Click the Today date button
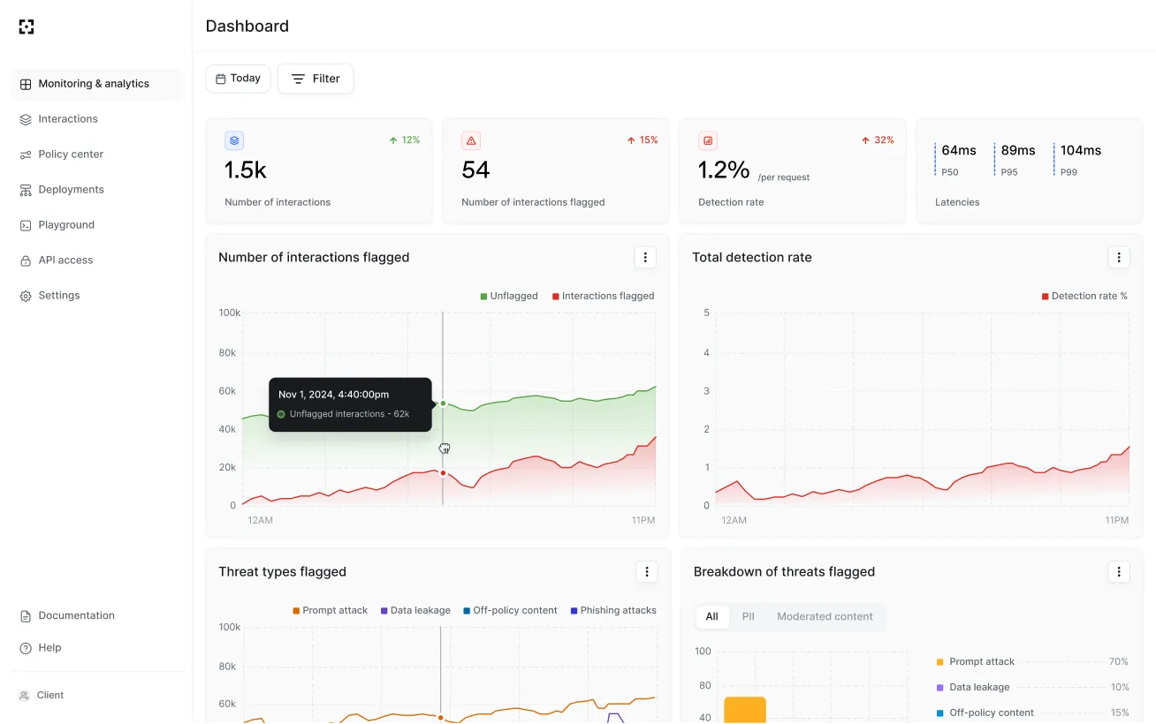(238, 79)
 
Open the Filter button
(316, 79)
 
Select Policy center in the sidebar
(71, 155)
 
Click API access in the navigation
(65, 260)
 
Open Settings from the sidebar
(59, 296)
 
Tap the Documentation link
(76, 615)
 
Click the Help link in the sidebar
(49, 648)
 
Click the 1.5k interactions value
(246, 170)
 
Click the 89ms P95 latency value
(1018, 150)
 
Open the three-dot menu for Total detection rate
(1119, 258)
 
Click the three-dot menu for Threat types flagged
(647, 572)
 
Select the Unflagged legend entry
(509, 297)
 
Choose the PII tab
(748, 616)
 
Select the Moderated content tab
(825, 616)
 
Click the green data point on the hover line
(443, 403)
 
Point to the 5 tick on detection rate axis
(706, 313)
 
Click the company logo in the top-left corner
(27, 26)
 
